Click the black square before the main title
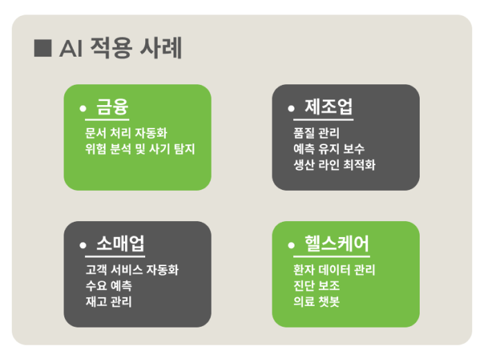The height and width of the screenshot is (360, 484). point(43,48)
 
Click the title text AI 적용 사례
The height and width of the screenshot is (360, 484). point(120,48)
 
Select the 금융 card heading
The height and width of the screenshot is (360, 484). point(112,106)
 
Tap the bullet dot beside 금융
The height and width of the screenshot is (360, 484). point(83,108)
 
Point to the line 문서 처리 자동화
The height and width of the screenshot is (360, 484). point(126,133)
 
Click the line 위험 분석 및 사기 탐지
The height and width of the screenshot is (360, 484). point(140,149)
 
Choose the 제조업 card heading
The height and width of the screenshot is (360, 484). point(328,106)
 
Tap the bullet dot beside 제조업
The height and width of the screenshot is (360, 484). point(291,108)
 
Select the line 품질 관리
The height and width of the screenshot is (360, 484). point(317,133)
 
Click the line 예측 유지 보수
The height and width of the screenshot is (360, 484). point(328,149)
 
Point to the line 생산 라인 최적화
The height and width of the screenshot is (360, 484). point(334,164)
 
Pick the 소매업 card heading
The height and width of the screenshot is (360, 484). point(120,243)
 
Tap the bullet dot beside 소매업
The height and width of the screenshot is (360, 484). point(83,245)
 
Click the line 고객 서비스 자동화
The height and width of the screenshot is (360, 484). point(132,269)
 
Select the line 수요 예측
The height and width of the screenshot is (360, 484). point(109,285)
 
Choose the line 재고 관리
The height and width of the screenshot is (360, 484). point(109,301)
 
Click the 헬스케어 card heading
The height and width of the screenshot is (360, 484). point(337,243)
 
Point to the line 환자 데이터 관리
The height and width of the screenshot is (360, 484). point(334,269)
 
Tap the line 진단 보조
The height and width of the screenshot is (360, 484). point(317,285)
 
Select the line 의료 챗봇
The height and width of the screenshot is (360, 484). point(317,301)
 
